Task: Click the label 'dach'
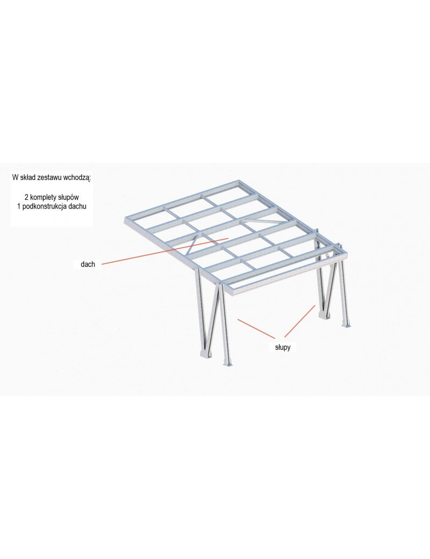point(88,264)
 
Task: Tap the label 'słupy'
point(283,347)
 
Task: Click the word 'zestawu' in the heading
point(49,177)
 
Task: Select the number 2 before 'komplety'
point(26,197)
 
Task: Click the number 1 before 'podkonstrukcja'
point(18,206)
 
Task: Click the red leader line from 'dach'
point(164,250)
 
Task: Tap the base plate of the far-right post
point(347,325)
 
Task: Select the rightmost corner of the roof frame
point(345,251)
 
